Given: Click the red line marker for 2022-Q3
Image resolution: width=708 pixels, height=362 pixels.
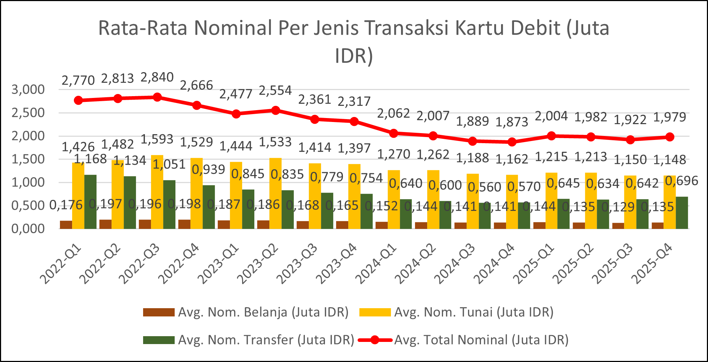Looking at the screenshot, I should click(x=157, y=97).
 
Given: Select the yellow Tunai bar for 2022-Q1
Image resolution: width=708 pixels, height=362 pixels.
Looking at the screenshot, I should click(x=78, y=196).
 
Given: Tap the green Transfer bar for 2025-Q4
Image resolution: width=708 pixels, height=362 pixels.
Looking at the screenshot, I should click(x=682, y=212).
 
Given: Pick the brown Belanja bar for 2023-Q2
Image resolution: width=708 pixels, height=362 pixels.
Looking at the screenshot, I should click(x=263, y=225).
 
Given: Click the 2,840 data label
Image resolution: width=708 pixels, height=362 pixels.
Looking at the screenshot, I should click(x=157, y=77).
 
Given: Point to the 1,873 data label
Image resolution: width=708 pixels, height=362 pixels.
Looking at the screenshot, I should click(x=512, y=122).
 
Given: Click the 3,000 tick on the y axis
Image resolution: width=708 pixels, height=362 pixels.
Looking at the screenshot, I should click(x=28, y=90).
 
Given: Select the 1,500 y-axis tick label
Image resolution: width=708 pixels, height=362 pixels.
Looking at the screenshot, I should click(x=28, y=159).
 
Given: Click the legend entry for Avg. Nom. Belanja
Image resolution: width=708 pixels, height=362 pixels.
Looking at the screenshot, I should click(x=246, y=312).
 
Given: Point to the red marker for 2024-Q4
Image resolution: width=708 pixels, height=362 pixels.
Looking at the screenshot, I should click(x=512, y=142).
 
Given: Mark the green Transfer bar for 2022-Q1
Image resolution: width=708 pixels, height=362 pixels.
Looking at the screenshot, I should click(x=90, y=202).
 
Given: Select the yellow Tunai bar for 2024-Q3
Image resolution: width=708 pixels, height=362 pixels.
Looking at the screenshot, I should click(x=473, y=201).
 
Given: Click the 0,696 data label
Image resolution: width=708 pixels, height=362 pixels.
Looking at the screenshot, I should click(x=681, y=181).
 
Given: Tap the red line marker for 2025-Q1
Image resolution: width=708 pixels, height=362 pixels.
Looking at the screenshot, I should click(x=552, y=136).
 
